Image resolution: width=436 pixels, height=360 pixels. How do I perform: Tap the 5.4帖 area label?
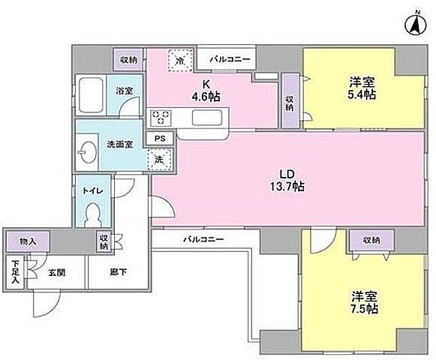click(x=362, y=95)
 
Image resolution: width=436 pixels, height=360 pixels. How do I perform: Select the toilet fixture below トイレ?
click(x=93, y=214)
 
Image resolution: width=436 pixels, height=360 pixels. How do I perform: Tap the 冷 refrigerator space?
click(x=180, y=58)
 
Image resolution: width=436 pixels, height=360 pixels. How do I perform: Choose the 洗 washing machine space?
click(x=158, y=158)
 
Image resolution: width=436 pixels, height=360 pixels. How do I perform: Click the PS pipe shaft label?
click(x=159, y=139)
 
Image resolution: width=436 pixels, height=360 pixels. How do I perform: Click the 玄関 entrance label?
click(x=56, y=272)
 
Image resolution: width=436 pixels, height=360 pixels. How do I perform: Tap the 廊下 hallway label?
click(x=117, y=272)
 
